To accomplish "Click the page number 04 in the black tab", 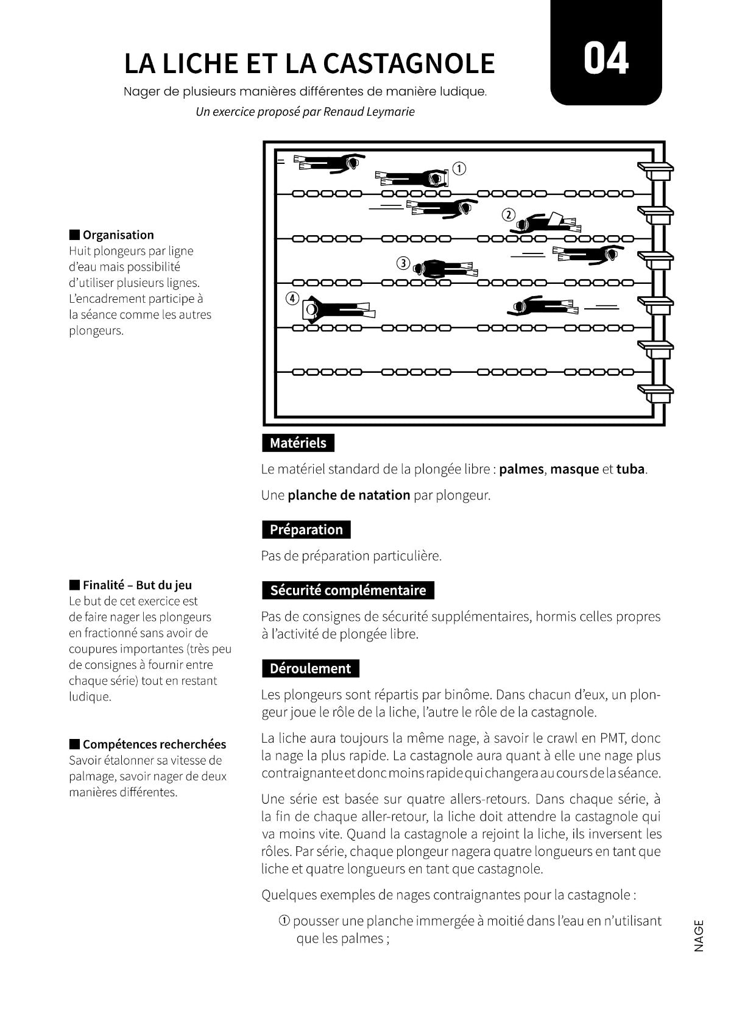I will [x=606, y=59].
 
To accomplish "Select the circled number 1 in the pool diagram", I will [x=459, y=169].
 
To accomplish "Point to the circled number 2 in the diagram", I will [x=509, y=214].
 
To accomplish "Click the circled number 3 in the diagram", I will [x=403, y=263].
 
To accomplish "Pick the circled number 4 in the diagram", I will [x=293, y=299].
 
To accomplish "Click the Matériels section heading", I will [x=298, y=443].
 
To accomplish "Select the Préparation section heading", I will [x=306, y=529].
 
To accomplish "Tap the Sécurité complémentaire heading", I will [x=348, y=590].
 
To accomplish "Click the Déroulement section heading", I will [x=310, y=668].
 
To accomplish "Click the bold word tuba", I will [x=630, y=469].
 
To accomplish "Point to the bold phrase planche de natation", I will [x=348, y=495].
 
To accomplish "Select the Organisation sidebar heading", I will [x=118, y=235].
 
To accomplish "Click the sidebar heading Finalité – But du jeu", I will [x=137, y=585].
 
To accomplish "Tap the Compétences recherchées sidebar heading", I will [x=154, y=744].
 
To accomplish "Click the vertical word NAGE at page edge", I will [x=698, y=935].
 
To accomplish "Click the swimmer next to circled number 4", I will [x=338, y=309].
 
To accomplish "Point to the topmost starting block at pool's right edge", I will [x=655, y=169].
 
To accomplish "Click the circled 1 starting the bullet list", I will [x=284, y=921].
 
